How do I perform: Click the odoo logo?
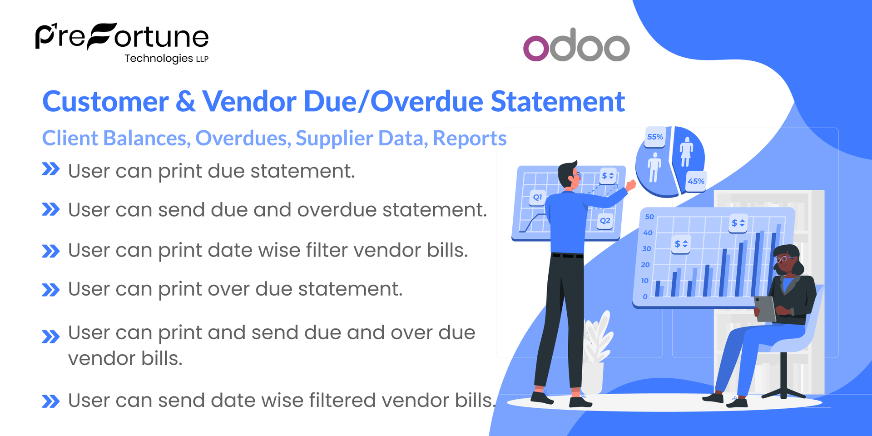point(576,45)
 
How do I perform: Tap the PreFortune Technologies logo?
point(122,42)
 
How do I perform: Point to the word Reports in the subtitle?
point(469,139)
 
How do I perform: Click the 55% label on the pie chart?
point(655,137)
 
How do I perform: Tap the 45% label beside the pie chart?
point(695,181)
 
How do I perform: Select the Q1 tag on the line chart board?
point(537,197)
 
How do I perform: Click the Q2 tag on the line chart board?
point(605,221)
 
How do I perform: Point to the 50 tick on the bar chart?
point(649,217)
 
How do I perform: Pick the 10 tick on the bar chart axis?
point(645,281)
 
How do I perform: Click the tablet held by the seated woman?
point(765,308)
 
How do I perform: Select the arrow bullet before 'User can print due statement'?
point(50,169)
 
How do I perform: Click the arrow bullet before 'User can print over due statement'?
point(50,290)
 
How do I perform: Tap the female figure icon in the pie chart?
point(686,151)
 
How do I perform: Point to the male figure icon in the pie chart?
point(654,167)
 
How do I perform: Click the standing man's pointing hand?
point(630,184)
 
